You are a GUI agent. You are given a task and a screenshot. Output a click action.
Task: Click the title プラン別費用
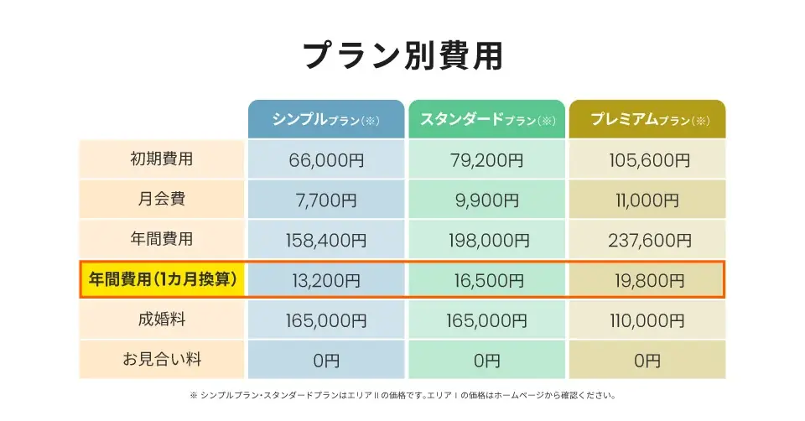(x=402, y=55)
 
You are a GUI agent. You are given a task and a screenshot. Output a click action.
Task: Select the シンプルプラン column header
(x=326, y=119)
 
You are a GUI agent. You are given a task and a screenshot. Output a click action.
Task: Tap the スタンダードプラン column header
(x=486, y=119)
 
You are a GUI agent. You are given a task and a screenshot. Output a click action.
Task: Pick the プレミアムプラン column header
(x=647, y=119)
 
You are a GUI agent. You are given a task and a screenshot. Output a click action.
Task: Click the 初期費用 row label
(x=162, y=159)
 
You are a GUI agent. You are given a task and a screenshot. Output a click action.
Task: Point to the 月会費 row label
(x=162, y=199)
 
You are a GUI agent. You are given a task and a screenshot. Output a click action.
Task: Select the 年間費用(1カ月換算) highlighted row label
(x=162, y=279)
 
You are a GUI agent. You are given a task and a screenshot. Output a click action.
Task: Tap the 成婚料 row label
(x=162, y=320)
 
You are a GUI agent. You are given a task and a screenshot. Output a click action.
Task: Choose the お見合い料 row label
(x=162, y=360)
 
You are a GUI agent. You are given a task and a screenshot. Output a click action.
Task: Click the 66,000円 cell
(x=326, y=159)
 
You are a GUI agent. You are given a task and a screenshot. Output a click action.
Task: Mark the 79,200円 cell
(x=486, y=159)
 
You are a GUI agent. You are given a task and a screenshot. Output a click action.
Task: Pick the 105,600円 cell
(x=647, y=159)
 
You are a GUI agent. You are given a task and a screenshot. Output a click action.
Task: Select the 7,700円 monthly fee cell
(x=326, y=200)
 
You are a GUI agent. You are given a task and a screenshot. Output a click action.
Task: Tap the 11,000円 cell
(x=647, y=200)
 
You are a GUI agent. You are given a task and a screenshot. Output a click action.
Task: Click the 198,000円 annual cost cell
(x=486, y=240)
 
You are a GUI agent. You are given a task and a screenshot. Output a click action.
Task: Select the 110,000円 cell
(x=647, y=320)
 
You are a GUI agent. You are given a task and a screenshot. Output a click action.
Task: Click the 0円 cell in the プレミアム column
(x=647, y=361)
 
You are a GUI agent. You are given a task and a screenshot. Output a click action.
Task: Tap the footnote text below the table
(x=402, y=395)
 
